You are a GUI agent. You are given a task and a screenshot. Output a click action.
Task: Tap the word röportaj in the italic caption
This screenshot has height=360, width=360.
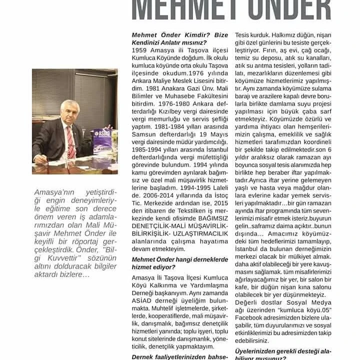pos(96,241)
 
